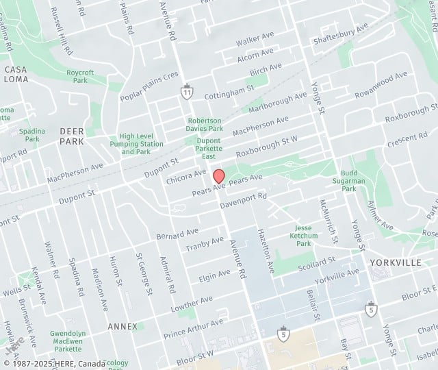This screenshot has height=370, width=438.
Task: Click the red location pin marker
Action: [x=219, y=175]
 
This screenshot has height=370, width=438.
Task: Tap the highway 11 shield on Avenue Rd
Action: [x=186, y=92]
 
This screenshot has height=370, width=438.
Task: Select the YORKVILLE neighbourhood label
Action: [x=396, y=262]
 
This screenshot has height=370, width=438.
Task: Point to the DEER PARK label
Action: [x=71, y=136]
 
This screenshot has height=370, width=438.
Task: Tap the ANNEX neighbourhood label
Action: [x=123, y=326]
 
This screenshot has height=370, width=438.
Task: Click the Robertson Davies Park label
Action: [x=205, y=125]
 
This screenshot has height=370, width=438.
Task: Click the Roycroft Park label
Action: [x=81, y=76]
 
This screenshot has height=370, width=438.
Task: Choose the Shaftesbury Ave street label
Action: [x=340, y=33]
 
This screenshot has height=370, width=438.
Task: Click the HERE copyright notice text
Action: [x=55, y=364]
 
